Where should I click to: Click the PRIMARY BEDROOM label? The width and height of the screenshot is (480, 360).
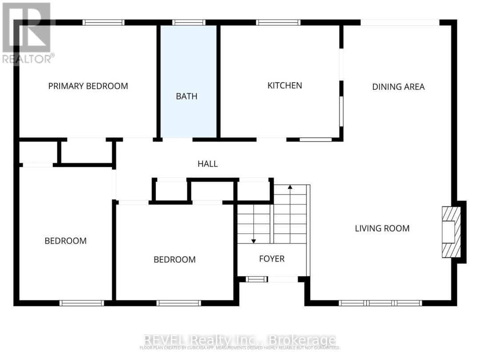88,86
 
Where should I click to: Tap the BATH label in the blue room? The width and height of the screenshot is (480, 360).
186,96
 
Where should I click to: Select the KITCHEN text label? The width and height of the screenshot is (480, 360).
284,85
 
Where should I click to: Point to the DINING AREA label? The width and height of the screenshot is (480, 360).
398,87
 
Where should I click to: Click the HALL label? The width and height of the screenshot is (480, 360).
208,164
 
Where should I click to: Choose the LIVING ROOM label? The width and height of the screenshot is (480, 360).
382,228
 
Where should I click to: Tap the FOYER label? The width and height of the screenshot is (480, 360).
272,259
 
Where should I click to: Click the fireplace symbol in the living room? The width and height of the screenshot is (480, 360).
450,232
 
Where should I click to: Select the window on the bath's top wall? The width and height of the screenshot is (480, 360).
189,22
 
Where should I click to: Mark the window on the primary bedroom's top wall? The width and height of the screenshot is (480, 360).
103,22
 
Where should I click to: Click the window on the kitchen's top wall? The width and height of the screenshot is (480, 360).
278,22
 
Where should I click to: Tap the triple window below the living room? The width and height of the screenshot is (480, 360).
380,303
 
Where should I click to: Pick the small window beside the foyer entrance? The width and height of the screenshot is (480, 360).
255,280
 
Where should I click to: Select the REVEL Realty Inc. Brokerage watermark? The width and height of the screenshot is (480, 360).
240,341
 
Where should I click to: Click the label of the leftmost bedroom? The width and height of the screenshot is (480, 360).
65,241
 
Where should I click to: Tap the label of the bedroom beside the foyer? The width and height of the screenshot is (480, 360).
174,260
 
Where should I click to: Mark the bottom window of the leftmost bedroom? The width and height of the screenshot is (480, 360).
82,303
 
